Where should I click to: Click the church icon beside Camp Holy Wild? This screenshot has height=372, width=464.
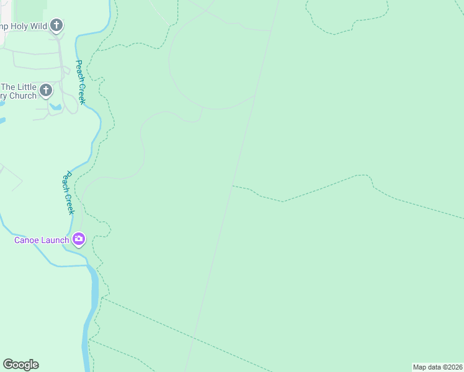(x=56, y=25)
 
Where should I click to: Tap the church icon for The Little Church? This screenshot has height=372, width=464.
(x=45, y=91)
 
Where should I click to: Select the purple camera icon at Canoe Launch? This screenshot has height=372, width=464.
(x=79, y=239)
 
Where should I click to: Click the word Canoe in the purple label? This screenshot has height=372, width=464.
(x=29, y=240)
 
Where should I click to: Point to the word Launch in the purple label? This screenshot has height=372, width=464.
(x=56, y=240)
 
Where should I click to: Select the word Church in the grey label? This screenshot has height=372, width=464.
(x=23, y=96)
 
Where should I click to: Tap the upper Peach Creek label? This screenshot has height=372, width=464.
(x=81, y=81)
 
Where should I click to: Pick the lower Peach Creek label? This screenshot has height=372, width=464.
(x=68, y=193)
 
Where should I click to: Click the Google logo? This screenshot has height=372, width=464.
(x=21, y=365)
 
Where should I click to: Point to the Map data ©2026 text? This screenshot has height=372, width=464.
(x=437, y=367)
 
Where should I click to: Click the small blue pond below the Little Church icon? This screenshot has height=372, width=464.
(x=56, y=107)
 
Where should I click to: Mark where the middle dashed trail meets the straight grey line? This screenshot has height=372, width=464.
(x=233, y=185)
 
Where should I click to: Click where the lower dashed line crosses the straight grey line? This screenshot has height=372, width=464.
(x=194, y=338)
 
